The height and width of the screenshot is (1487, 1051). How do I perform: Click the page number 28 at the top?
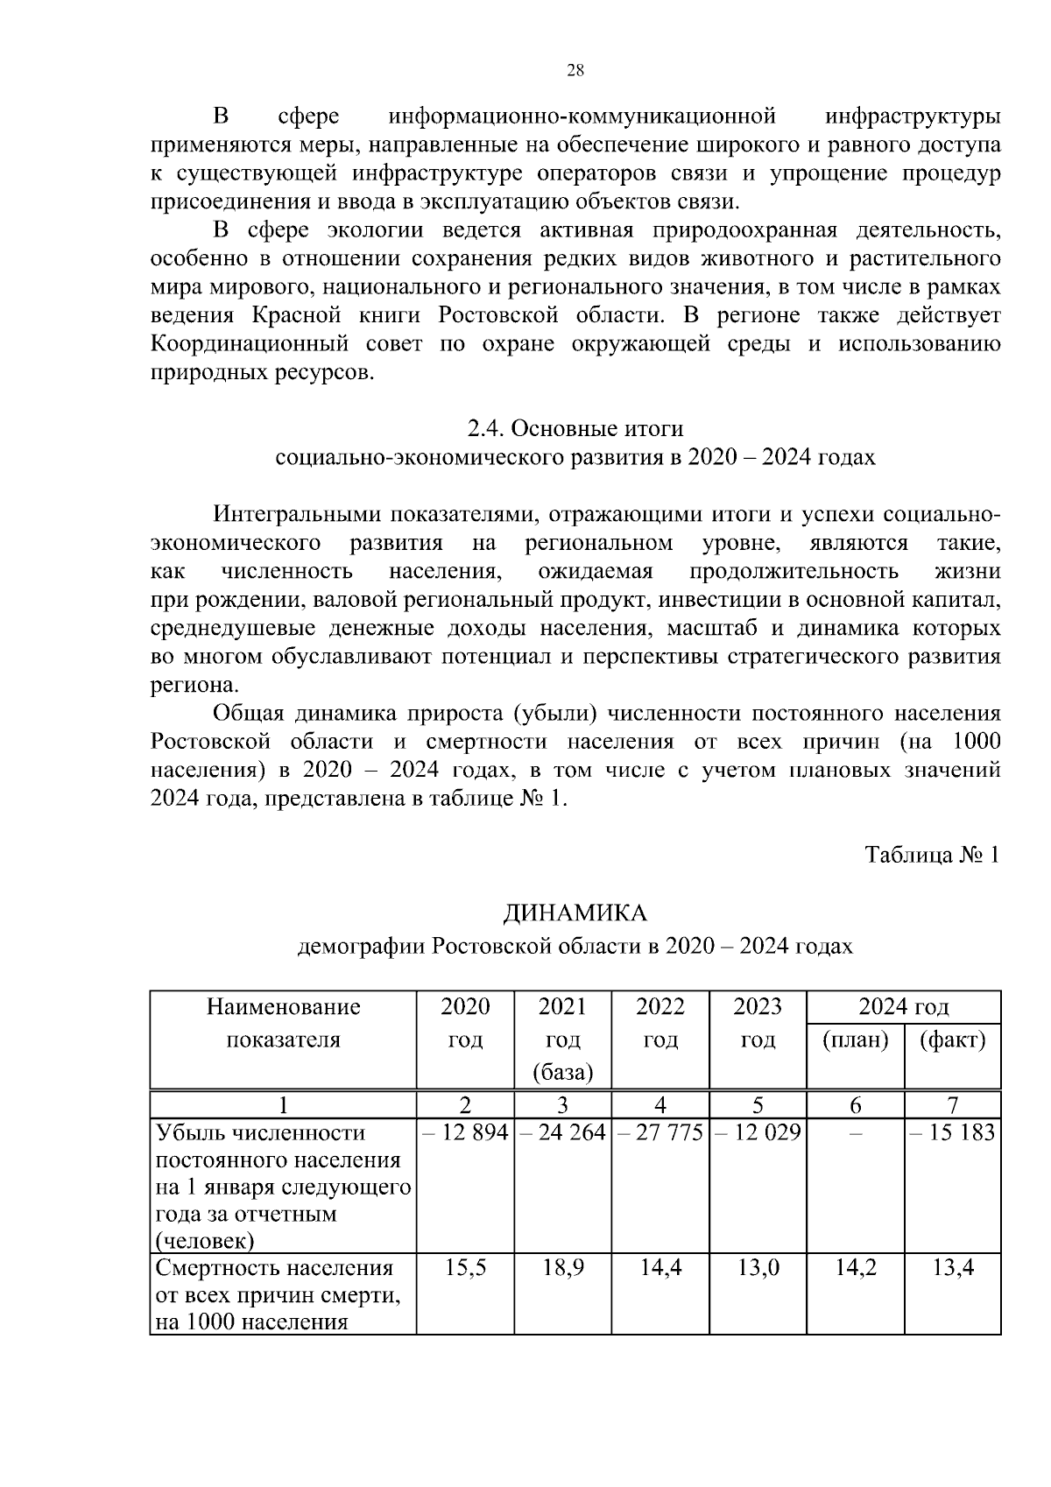pyautogui.click(x=575, y=71)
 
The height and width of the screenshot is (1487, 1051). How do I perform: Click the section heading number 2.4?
pyautogui.click(x=485, y=429)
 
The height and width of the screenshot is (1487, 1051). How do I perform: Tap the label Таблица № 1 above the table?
pyautogui.click(x=932, y=855)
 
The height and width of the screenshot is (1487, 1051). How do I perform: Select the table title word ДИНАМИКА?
pyautogui.click(x=575, y=913)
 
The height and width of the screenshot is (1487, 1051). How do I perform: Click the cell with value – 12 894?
pyautogui.click(x=465, y=1133)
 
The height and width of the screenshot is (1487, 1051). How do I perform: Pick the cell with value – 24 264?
pyautogui.click(x=562, y=1133)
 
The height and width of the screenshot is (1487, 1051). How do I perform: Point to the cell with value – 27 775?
pyautogui.click(x=660, y=1133)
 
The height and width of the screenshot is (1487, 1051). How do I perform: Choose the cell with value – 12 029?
pyautogui.click(x=758, y=1133)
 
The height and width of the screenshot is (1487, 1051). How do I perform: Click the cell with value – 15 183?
pyautogui.click(x=952, y=1133)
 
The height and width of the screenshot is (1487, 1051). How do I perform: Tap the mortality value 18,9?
pyautogui.click(x=562, y=1268)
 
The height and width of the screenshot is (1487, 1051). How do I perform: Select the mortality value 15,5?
pyautogui.click(x=465, y=1268)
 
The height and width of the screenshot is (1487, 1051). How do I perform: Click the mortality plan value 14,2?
pyautogui.click(x=855, y=1268)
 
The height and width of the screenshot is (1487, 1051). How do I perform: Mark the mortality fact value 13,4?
pyautogui.click(x=952, y=1268)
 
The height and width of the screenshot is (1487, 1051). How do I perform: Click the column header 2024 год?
pyautogui.click(x=903, y=1006)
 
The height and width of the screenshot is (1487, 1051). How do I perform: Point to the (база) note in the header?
pyautogui.click(x=562, y=1073)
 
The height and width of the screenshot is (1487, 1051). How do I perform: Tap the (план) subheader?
pyautogui.click(x=855, y=1040)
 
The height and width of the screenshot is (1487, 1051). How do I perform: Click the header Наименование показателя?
pyautogui.click(x=283, y=1023)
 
